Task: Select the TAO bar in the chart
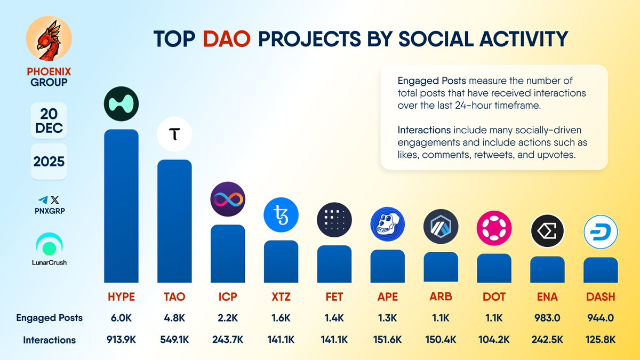[x=174, y=221]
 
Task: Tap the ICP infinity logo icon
[x=228, y=199]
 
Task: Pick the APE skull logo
[x=388, y=224]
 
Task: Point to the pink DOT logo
[x=494, y=228]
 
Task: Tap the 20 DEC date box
[x=49, y=120]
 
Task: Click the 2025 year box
[x=49, y=162]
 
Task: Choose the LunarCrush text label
[x=49, y=262]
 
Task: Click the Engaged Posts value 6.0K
[x=121, y=318]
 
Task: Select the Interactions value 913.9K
[x=121, y=340]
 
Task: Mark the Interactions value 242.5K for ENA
[x=547, y=340]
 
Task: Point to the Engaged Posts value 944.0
[x=601, y=318]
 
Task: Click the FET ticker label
[x=334, y=297]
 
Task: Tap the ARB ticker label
[x=441, y=297]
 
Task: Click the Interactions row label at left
[x=49, y=340]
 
